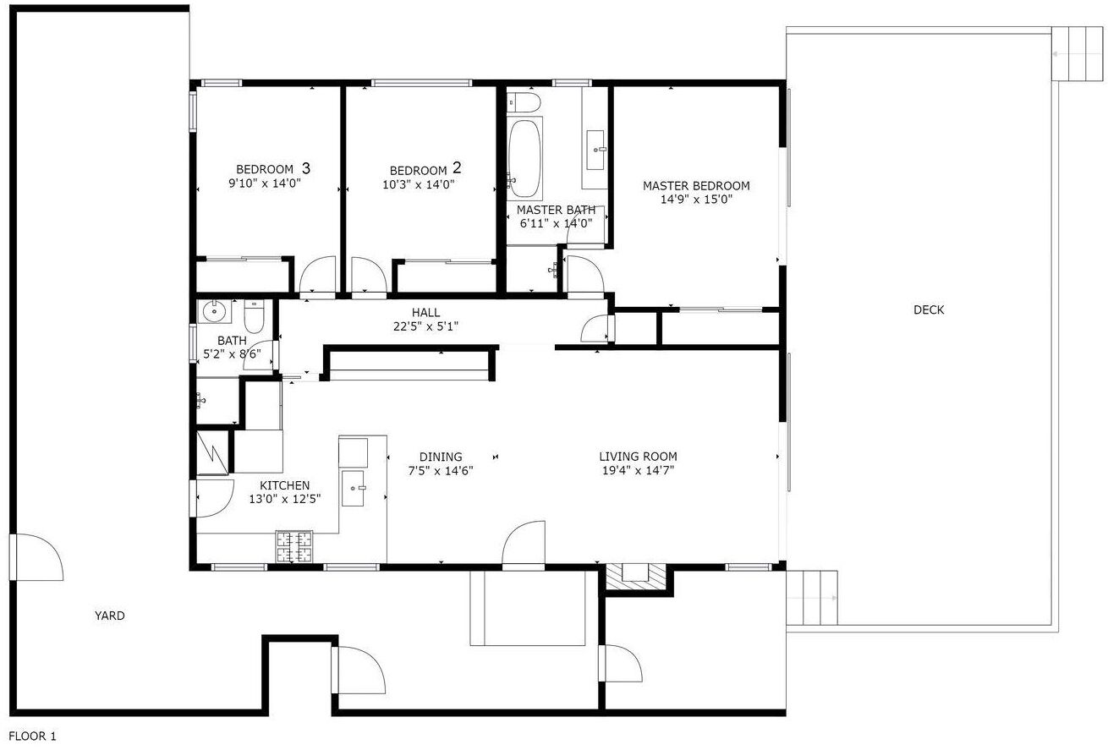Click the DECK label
(x=929, y=310)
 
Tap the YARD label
(x=110, y=616)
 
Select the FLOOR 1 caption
(x=33, y=736)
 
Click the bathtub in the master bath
(x=524, y=159)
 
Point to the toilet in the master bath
(x=524, y=101)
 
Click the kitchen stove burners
(x=294, y=547)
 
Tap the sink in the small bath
(x=214, y=311)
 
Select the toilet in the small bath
(x=255, y=316)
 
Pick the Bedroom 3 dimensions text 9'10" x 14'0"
(x=265, y=183)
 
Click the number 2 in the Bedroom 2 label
(x=457, y=167)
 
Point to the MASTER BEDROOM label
(x=696, y=186)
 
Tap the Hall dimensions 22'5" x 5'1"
(x=426, y=326)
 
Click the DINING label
(x=441, y=457)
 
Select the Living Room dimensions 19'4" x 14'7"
(x=638, y=470)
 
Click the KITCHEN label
(x=285, y=485)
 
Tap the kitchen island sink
(x=354, y=489)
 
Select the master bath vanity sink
(x=595, y=150)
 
